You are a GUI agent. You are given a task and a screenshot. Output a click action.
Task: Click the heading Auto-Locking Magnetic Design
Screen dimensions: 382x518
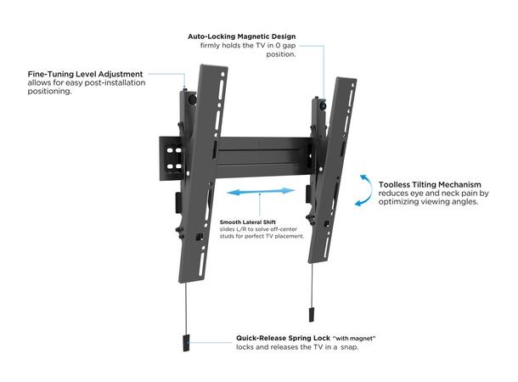point(241,37)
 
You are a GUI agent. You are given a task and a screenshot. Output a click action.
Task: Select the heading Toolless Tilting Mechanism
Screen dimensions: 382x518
point(430,184)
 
